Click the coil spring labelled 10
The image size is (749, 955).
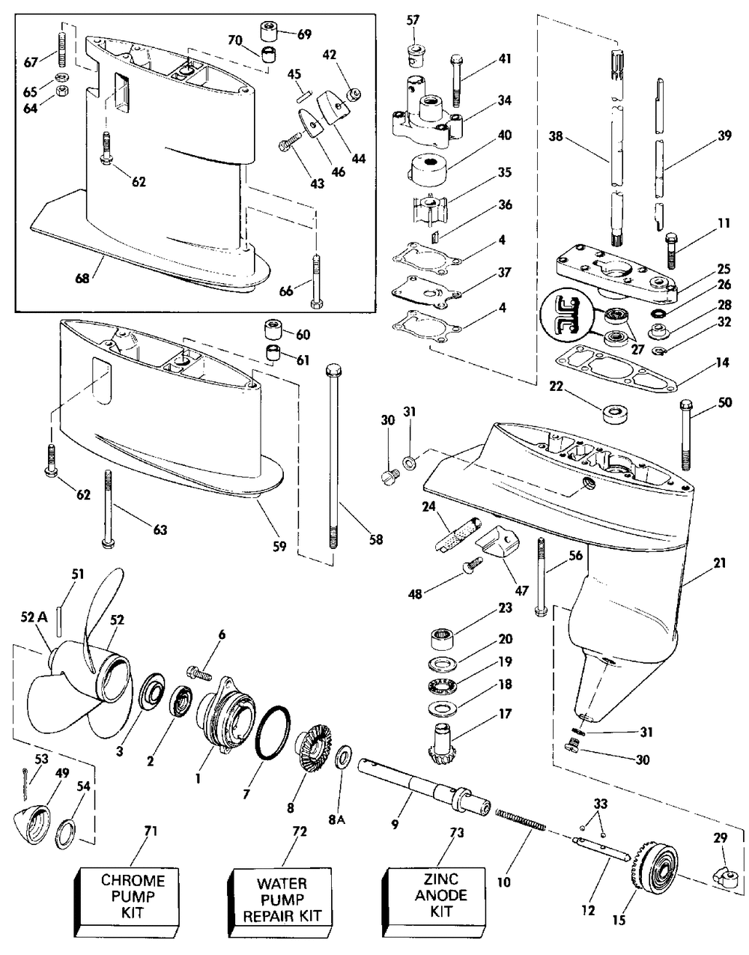[x=518, y=819]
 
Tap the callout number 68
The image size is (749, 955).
[x=82, y=278]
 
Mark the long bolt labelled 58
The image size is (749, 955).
[x=333, y=457]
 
